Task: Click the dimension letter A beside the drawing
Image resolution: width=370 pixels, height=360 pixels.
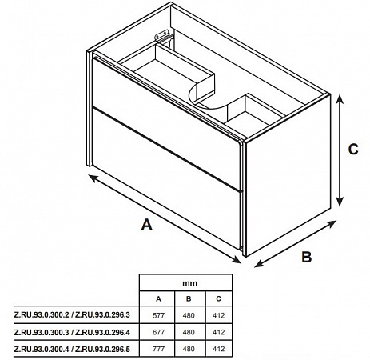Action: click(x=147, y=224)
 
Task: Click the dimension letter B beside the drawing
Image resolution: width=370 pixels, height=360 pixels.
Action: click(x=307, y=257)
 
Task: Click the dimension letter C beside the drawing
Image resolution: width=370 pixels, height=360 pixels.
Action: click(x=353, y=150)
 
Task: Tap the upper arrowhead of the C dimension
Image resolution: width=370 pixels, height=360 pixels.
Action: click(x=339, y=99)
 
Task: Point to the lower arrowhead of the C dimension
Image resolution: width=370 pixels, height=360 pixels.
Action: click(x=339, y=202)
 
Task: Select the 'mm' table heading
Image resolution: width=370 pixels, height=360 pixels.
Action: click(x=189, y=283)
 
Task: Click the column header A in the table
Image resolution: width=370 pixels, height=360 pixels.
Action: click(x=158, y=299)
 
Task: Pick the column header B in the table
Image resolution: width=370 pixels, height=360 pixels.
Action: click(x=189, y=299)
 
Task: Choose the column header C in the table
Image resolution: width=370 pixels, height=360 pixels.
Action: click(x=218, y=299)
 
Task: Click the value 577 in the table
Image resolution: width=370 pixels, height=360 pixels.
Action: click(x=158, y=316)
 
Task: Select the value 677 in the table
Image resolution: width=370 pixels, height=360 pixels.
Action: click(x=158, y=332)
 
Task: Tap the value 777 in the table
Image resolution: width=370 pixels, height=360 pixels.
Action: click(x=158, y=349)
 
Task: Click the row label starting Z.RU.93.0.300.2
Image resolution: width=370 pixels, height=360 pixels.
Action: click(x=72, y=315)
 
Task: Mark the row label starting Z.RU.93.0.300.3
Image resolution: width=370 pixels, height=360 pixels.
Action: click(x=72, y=333)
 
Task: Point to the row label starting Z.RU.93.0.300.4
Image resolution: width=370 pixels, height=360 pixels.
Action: click(x=72, y=349)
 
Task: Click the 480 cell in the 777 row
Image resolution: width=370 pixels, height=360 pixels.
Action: click(x=189, y=349)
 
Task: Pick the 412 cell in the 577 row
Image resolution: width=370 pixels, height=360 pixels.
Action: click(x=219, y=316)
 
